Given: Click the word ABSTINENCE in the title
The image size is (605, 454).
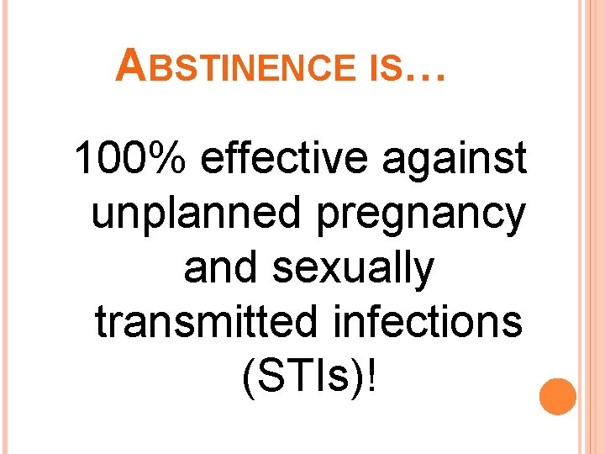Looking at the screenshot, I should pos(238,66).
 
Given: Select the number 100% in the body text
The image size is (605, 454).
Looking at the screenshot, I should pos(132,160).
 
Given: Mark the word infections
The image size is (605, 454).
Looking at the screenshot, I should pos(437,322).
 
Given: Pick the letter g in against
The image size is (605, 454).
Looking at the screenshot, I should pos(414,164).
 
